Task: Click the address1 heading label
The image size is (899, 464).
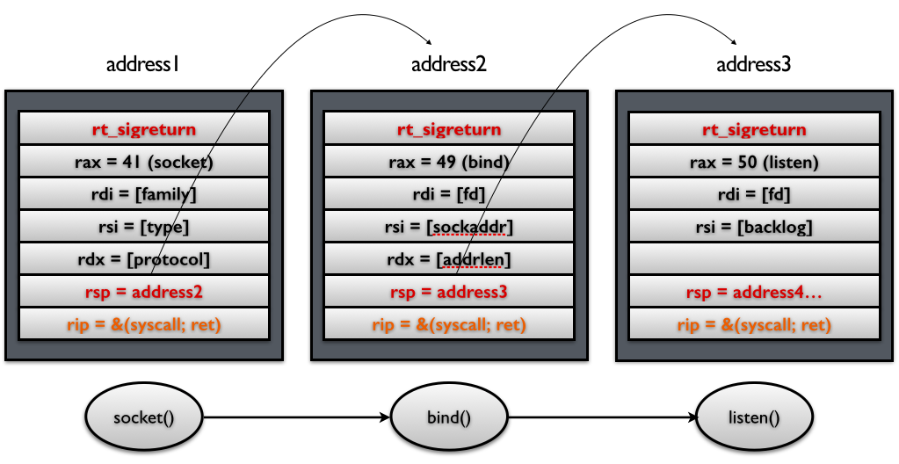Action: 143,64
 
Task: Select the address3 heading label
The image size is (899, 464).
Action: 754,64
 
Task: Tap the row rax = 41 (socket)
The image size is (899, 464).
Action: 143,162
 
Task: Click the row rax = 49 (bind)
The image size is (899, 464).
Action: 449,162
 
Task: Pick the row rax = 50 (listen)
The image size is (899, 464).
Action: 754,162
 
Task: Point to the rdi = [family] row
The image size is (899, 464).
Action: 143,194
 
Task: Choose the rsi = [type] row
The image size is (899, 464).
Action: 143,227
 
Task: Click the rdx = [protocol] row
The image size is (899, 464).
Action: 143,259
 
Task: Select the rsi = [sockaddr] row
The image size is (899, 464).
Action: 449,227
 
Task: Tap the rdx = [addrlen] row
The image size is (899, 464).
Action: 449,259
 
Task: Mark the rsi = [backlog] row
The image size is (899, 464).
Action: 754,227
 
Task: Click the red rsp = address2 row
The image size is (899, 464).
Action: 143,292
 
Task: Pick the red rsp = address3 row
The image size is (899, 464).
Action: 449,292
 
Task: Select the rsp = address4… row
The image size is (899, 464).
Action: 754,292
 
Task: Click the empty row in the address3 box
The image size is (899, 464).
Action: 754,259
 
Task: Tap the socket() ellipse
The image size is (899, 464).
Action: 143,417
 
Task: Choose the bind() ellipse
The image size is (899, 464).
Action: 449,417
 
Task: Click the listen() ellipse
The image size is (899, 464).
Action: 754,417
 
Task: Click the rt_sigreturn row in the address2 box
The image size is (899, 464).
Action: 449,129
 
